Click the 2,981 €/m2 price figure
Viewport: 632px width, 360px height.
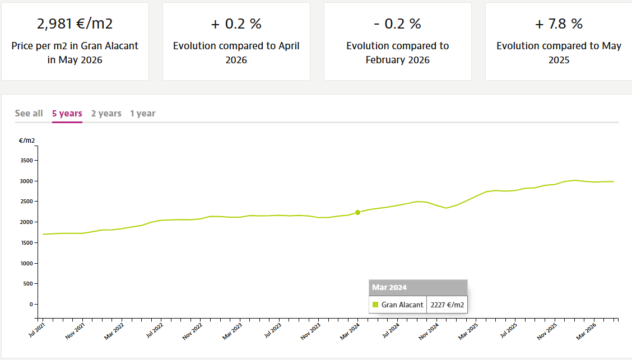coord(75,24)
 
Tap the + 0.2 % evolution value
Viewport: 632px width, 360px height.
coord(236,24)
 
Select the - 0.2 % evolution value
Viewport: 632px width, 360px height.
coord(397,24)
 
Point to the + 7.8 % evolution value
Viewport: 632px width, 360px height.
coord(559,24)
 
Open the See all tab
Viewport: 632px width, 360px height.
coord(29,113)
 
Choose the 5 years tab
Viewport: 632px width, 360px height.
coord(67,114)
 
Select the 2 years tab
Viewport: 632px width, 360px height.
coord(106,114)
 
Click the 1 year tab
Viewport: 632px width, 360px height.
coord(143,114)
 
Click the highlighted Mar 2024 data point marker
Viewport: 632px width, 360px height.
coord(357,213)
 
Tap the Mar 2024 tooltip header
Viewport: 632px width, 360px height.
coord(418,288)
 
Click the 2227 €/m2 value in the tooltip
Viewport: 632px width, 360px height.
coord(447,305)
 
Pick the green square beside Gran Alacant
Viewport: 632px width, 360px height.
coord(375,305)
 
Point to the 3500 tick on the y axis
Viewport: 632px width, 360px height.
coord(26,160)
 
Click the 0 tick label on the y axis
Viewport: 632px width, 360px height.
coord(31,305)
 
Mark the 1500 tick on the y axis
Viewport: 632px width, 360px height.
coord(26,243)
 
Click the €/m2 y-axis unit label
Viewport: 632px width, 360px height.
coord(27,141)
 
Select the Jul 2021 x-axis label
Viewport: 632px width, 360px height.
coord(36,330)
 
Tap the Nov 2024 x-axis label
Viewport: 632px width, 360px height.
coord(429,331)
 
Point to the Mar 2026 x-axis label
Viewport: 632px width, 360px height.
coord(586,331)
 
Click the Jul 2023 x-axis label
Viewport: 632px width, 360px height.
coord(273,330)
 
